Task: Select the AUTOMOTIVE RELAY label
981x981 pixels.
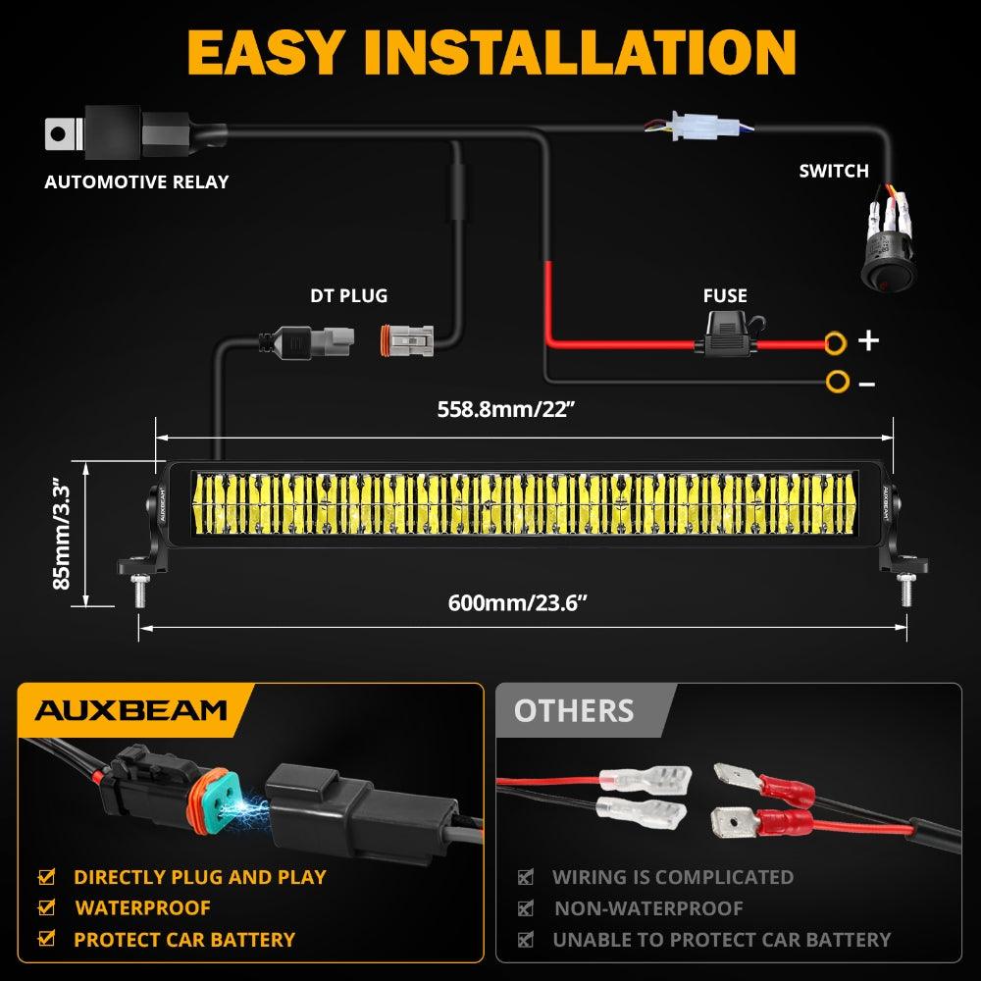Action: (136, 181)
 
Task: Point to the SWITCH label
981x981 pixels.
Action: (834, 171)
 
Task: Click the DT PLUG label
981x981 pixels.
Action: (349, 295)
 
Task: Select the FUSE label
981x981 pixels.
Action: (725, 295)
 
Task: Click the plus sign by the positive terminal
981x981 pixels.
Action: (868, 341)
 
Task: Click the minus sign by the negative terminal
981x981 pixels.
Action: (866, 384)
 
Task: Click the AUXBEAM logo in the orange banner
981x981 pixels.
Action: (131, 710)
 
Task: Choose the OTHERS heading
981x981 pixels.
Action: (574, 710)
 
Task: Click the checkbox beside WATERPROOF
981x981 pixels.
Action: (46, 908)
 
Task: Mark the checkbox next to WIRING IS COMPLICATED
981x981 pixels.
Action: (526, 877)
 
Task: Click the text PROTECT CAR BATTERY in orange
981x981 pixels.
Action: (184, 940)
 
